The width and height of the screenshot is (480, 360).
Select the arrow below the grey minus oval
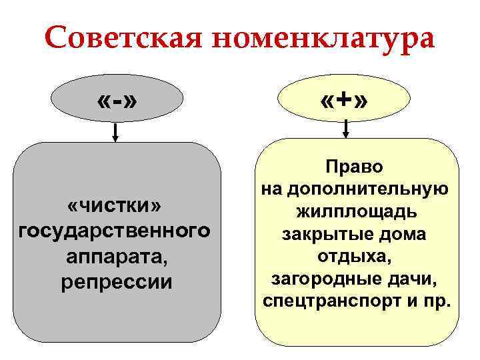point(115,133)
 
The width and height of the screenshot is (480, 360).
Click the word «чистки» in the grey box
point(115,203)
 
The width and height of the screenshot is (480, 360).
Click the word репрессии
point(115,282)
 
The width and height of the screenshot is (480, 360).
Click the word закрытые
point(324,234)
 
